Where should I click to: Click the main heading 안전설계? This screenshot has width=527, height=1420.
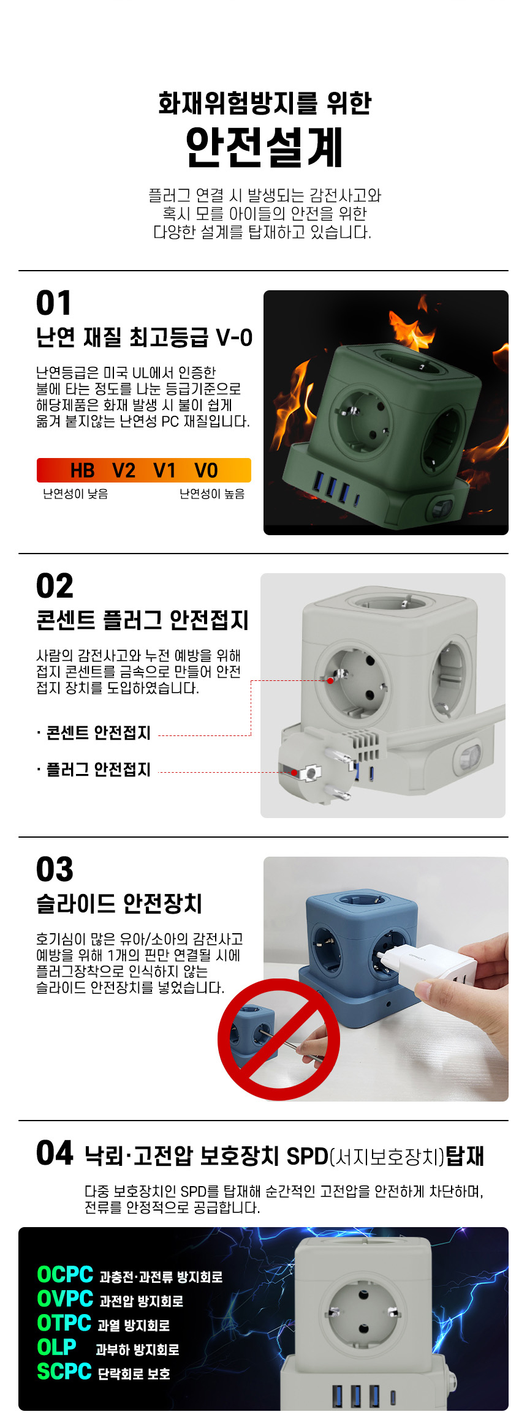click(264, 147)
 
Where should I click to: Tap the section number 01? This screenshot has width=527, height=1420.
click(54, 303)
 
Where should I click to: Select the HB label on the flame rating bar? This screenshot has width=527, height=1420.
click(82, 470)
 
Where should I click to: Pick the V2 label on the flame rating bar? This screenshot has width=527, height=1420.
click(124, 470)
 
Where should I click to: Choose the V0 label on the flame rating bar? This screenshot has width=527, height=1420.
click(206, 470)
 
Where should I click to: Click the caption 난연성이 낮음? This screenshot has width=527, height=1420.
click(75, 494)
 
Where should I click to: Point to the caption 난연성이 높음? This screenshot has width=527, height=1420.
click(212, 494)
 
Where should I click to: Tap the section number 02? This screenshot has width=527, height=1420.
click(55, 586)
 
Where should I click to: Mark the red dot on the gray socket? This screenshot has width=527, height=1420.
click(330, 680)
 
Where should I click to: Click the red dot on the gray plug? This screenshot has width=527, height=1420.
click(295, 773)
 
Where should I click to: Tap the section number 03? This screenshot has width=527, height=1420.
click(55, 870)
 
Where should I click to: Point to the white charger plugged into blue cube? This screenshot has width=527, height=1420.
click(429, 965)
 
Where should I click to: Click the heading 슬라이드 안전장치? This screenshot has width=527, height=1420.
click(119, 903)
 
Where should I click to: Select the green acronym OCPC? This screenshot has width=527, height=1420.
click(65, 1274)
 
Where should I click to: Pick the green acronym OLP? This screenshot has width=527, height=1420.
click(56, 1347)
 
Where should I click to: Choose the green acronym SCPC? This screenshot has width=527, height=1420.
click(64, 1371)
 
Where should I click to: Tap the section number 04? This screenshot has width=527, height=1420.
click(55, 1153)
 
